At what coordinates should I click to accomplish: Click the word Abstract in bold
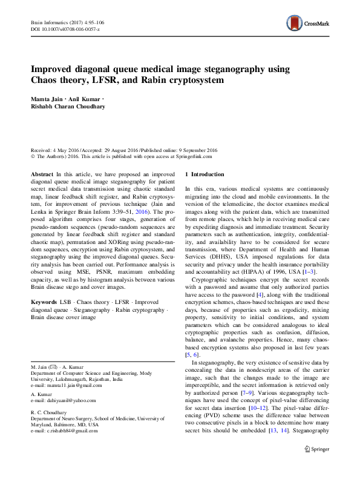[x=42, y=174]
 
